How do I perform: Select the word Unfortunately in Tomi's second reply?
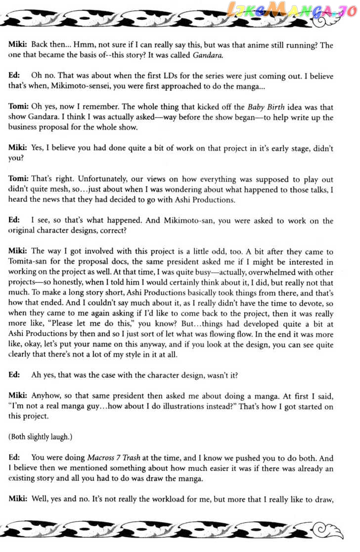74,180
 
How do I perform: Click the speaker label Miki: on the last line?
18,500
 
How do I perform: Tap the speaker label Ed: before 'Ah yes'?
14,375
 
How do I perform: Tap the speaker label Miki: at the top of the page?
18,45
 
